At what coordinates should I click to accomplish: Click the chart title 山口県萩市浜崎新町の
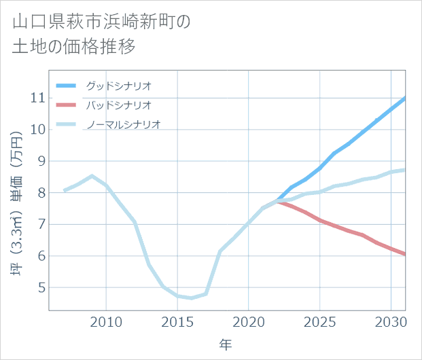pyautogui.click(x=102, y=22)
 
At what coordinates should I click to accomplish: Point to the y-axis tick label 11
pyautogui.click(x=37, y=98)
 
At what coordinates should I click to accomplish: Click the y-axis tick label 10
pyautogui.click(x=37, y=129)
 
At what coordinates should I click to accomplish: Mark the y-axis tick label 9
pyautogui.click(x=40, y=161)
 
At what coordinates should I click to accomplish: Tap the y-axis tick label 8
pyautogui.click(x=40, y=193)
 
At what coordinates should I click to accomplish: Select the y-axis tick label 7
pyautogui.click(x=40, y=224)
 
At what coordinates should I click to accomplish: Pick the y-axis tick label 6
pyautogui.click(x=40, y=256)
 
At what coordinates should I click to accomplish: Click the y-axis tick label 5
pyautogui.click(x=40, y=288)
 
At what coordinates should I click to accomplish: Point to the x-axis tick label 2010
pyautogui.click(x=106, y=321)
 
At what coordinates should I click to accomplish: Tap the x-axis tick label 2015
pyautogui.click(x=177, y=321)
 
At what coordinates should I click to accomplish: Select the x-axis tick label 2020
pyautogui.click(x=249, y=321)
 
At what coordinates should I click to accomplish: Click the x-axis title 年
pyautogui.click(x=226, y=345)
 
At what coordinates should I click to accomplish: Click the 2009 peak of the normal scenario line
pyautogui.click(x=92, y=176)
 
